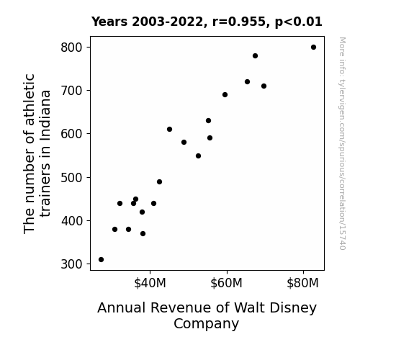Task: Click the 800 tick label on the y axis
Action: coord(71,48)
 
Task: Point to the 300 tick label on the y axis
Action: coord(71,264)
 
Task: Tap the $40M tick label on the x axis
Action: coord(150,283)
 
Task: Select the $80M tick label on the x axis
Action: coord(303,283)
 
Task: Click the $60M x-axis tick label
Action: coord(226,283)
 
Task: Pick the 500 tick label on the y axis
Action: coord(71,178)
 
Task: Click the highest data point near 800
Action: coord(313,48)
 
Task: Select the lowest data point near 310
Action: coord(101,260)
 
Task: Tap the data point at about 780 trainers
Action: coord(255,55)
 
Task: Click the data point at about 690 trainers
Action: coord(225,95)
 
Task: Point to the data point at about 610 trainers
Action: coord(169,129)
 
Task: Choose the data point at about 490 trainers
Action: coord(159,181)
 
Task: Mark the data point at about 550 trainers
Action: coord(198,156)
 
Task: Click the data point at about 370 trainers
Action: coord(143,233)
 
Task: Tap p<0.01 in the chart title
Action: coord(299,22)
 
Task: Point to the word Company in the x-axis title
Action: coord(206,324)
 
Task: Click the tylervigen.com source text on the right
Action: coord(342,143)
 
